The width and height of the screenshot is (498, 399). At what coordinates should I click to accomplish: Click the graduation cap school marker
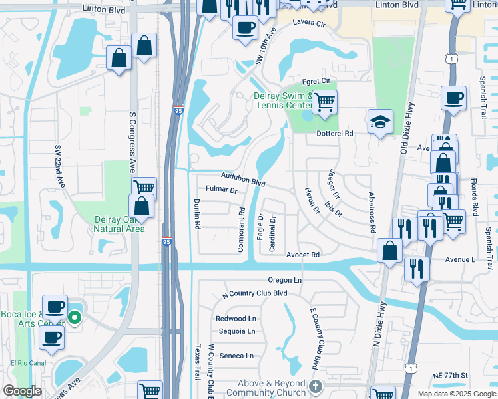point(380,122)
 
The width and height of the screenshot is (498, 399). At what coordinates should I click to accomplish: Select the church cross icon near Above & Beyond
point(316,386)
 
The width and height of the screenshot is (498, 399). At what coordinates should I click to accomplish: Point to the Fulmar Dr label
point(222,190)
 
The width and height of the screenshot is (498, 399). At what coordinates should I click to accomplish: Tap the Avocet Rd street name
point(303,255)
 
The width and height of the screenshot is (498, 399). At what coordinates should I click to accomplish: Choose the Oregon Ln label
point(285,280)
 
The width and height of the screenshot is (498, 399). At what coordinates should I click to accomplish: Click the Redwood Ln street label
point(236,319)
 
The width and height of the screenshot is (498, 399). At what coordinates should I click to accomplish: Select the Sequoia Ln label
point(236,331)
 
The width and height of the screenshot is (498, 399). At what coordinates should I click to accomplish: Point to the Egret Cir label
point(316,81)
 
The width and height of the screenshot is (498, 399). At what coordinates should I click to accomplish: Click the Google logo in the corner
point(22,391)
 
